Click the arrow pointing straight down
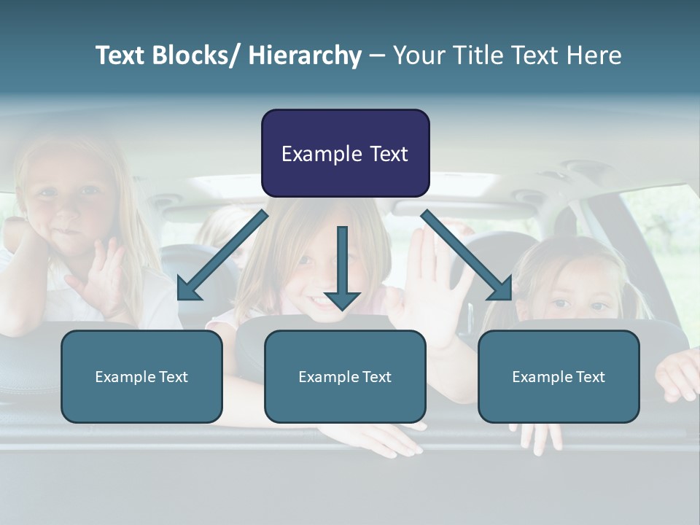pos(342,270)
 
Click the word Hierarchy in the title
pos(305,56)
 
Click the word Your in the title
pos(416,55)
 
